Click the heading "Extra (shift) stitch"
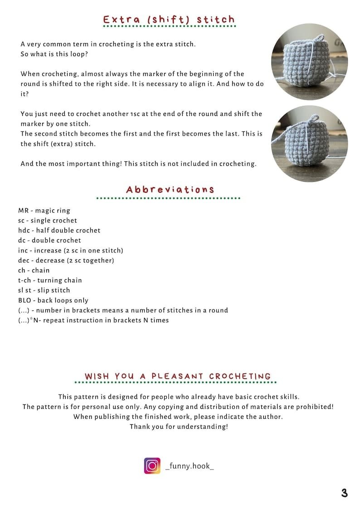pyautogui.click(x=169, y=19)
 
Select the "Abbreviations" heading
pyautogui.click(x=170, y=189)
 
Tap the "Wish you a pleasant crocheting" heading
pyautogui.click(x=178, y=376)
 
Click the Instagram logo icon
pyautogui.click(x=152, y=465)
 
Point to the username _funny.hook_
pyautogui.click(x=190, y=466)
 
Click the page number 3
pyautogui.click(x=345, y=493)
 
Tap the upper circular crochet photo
pyautogui.click(x=309, y=62)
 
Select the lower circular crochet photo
pyautogui.click(x=309, y=143)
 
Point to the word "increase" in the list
pyautogui.click(x=46, y=250)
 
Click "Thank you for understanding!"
pyautogui.click(x=179, y=427)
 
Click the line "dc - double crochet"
pyautogui.click(x=49, y=240)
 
